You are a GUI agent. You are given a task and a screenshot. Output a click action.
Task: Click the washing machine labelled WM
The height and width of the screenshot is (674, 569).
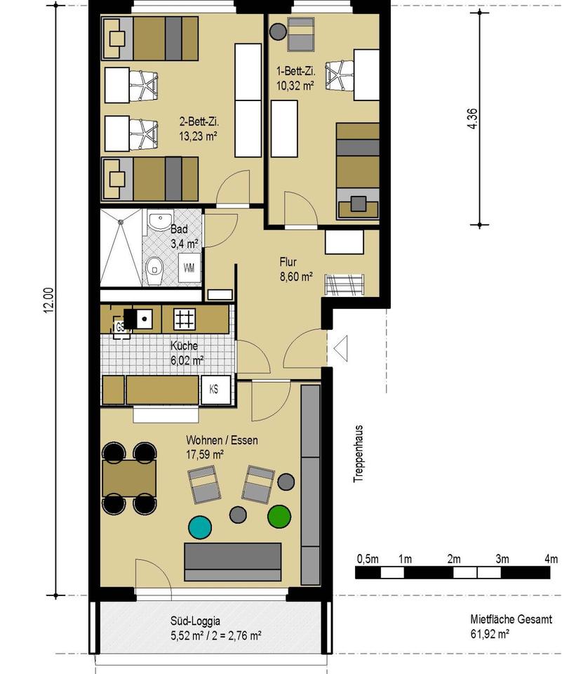pyautogui.click(x=189, y=267)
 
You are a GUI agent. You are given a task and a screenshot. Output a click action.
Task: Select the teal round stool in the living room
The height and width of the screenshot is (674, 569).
pyautogui.click(x=200, y=527)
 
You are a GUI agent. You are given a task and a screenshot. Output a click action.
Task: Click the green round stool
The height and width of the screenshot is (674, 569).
pyautogui.click(x=279, y=516)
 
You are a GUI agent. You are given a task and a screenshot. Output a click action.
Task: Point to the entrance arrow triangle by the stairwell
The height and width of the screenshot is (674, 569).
pyautogui.click(x=341, y=349)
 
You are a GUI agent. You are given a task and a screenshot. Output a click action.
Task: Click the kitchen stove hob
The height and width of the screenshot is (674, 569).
pyautogui.click(x=185, y=319)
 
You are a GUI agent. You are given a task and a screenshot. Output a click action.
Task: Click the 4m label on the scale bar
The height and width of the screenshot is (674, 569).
pyautogui.click(x=551, y=560)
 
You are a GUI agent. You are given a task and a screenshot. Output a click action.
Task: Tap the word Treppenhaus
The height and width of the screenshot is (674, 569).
pyautogui.click(x=358, y=454)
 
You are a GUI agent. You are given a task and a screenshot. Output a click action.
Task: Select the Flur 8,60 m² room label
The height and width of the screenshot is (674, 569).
pyautogui.click(x=296, y=269)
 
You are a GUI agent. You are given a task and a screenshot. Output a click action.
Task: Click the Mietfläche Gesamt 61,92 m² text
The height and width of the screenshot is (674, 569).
pyautogui.click(x=511, y=626)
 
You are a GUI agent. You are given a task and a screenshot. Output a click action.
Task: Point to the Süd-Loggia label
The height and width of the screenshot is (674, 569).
pyautogui.click(x=195, y=621)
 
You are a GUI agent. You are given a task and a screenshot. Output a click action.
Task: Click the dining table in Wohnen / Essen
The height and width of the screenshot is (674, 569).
pyautogui.click(x=129, y=478)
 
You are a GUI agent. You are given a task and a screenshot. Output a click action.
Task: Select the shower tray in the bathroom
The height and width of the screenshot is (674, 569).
pyautogui.click(x=121, y=248)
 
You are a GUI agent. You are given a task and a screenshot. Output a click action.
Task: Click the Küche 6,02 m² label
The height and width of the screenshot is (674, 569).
pyautogui.click(x=187, y=353)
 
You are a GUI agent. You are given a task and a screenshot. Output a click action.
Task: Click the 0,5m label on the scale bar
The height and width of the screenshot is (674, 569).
pyautogui.click(x=368, y=560)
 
